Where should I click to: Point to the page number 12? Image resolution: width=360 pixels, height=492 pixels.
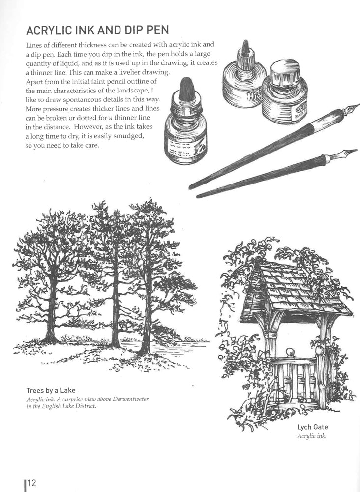click(x=31, y=483)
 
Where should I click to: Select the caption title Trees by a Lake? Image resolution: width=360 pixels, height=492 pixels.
click(x=51, y=391)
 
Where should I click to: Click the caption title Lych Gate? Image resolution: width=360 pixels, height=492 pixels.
click(x=312, y=427)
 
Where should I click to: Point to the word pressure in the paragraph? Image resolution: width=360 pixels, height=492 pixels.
click(x=56, y=109)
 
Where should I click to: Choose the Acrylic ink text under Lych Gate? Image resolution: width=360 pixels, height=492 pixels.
click(x=312, y=436)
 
